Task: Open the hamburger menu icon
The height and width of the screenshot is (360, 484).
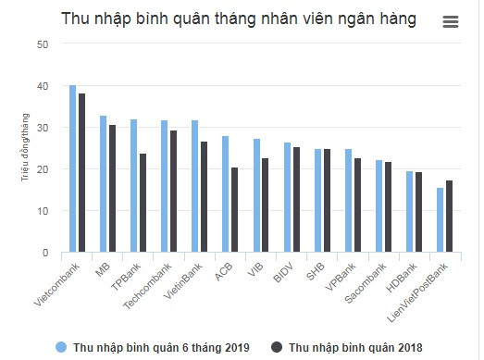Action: [x=451, y=21]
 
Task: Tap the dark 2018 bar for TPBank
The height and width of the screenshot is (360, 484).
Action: [x=143, y=203]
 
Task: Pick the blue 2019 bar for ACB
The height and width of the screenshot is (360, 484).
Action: [x=225, y=194]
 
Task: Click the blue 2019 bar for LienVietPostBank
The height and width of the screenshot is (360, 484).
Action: [x=441, y=220]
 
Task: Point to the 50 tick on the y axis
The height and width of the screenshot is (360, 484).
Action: [x=43, y=44]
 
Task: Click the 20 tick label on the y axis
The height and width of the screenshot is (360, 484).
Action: [x=43, y=169]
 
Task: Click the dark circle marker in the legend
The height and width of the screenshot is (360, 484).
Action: [x=277, y=347]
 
